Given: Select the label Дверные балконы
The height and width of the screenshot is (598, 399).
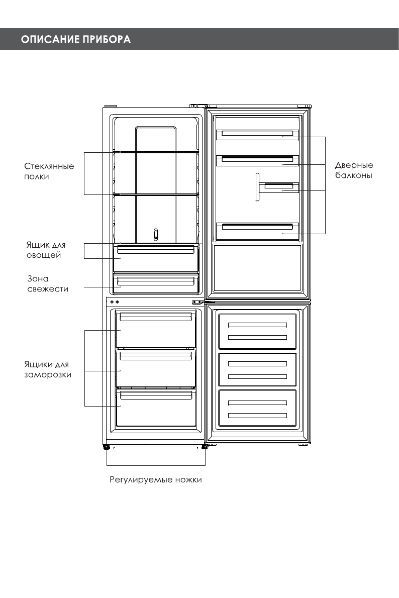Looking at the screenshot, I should (354, 171).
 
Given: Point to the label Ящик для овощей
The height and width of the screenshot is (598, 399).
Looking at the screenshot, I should (46, 250).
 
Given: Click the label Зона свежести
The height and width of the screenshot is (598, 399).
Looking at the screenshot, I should (47, 284).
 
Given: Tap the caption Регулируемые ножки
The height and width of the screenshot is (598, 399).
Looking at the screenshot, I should (156, 480).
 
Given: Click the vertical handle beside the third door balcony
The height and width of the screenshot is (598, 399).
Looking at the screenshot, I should (257, 187).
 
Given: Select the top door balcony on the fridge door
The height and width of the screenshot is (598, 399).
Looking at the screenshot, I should (257, 134).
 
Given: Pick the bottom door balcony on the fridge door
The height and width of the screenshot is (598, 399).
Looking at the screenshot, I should (257, 230).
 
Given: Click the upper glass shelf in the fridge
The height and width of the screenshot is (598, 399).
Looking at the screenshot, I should (156, 151).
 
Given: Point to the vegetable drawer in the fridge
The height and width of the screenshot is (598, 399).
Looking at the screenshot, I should (156, 257).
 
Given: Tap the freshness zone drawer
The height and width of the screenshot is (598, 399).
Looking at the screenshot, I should (156, 284).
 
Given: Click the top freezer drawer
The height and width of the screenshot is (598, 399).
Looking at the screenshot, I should (156, 330).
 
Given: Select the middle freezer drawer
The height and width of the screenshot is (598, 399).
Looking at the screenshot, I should (156, 369).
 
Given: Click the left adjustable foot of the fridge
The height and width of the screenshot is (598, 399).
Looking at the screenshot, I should (107, 447).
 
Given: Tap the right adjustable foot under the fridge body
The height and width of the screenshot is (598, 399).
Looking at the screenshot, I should (205, 446).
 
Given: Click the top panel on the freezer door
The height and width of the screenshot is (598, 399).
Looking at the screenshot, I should (257, 331).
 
